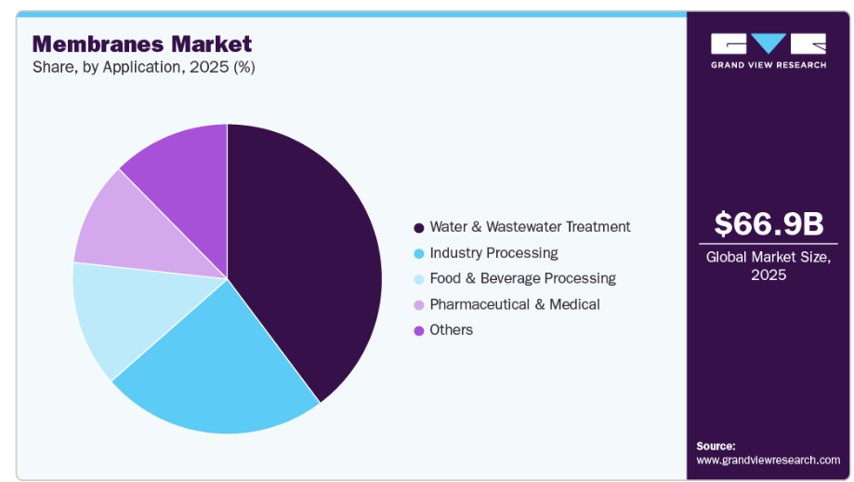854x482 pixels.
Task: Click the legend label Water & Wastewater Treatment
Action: (530, 227)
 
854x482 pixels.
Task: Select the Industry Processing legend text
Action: (493, 253)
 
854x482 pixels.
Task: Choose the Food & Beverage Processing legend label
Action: (522, 278)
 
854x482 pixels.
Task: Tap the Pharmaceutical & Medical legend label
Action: (514, 304)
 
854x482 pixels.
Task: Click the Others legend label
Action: (451, 330)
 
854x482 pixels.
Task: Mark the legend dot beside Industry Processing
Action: (419, 253)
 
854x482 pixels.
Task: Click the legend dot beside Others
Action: (419, 330)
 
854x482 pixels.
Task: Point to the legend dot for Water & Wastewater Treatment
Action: (419, 227)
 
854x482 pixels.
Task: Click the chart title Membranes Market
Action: (142, 44)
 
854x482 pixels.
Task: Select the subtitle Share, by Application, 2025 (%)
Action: (144, 67)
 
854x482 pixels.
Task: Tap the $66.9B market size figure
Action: (769, 224)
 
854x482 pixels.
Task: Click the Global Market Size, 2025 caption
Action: (769, 266)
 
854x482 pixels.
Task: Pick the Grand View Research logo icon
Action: (769, 43)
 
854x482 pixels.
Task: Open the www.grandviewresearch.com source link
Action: (768, 460)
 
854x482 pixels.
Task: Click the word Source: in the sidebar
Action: (716, 446)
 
